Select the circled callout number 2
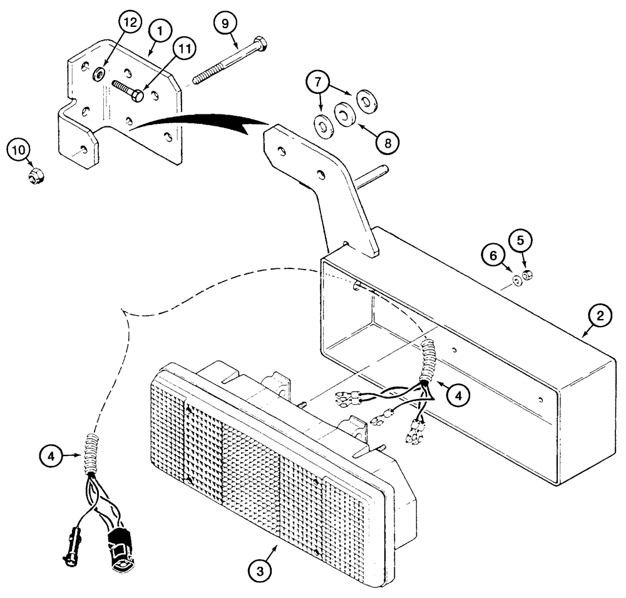point(599,317)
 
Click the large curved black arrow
point(200,121)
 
